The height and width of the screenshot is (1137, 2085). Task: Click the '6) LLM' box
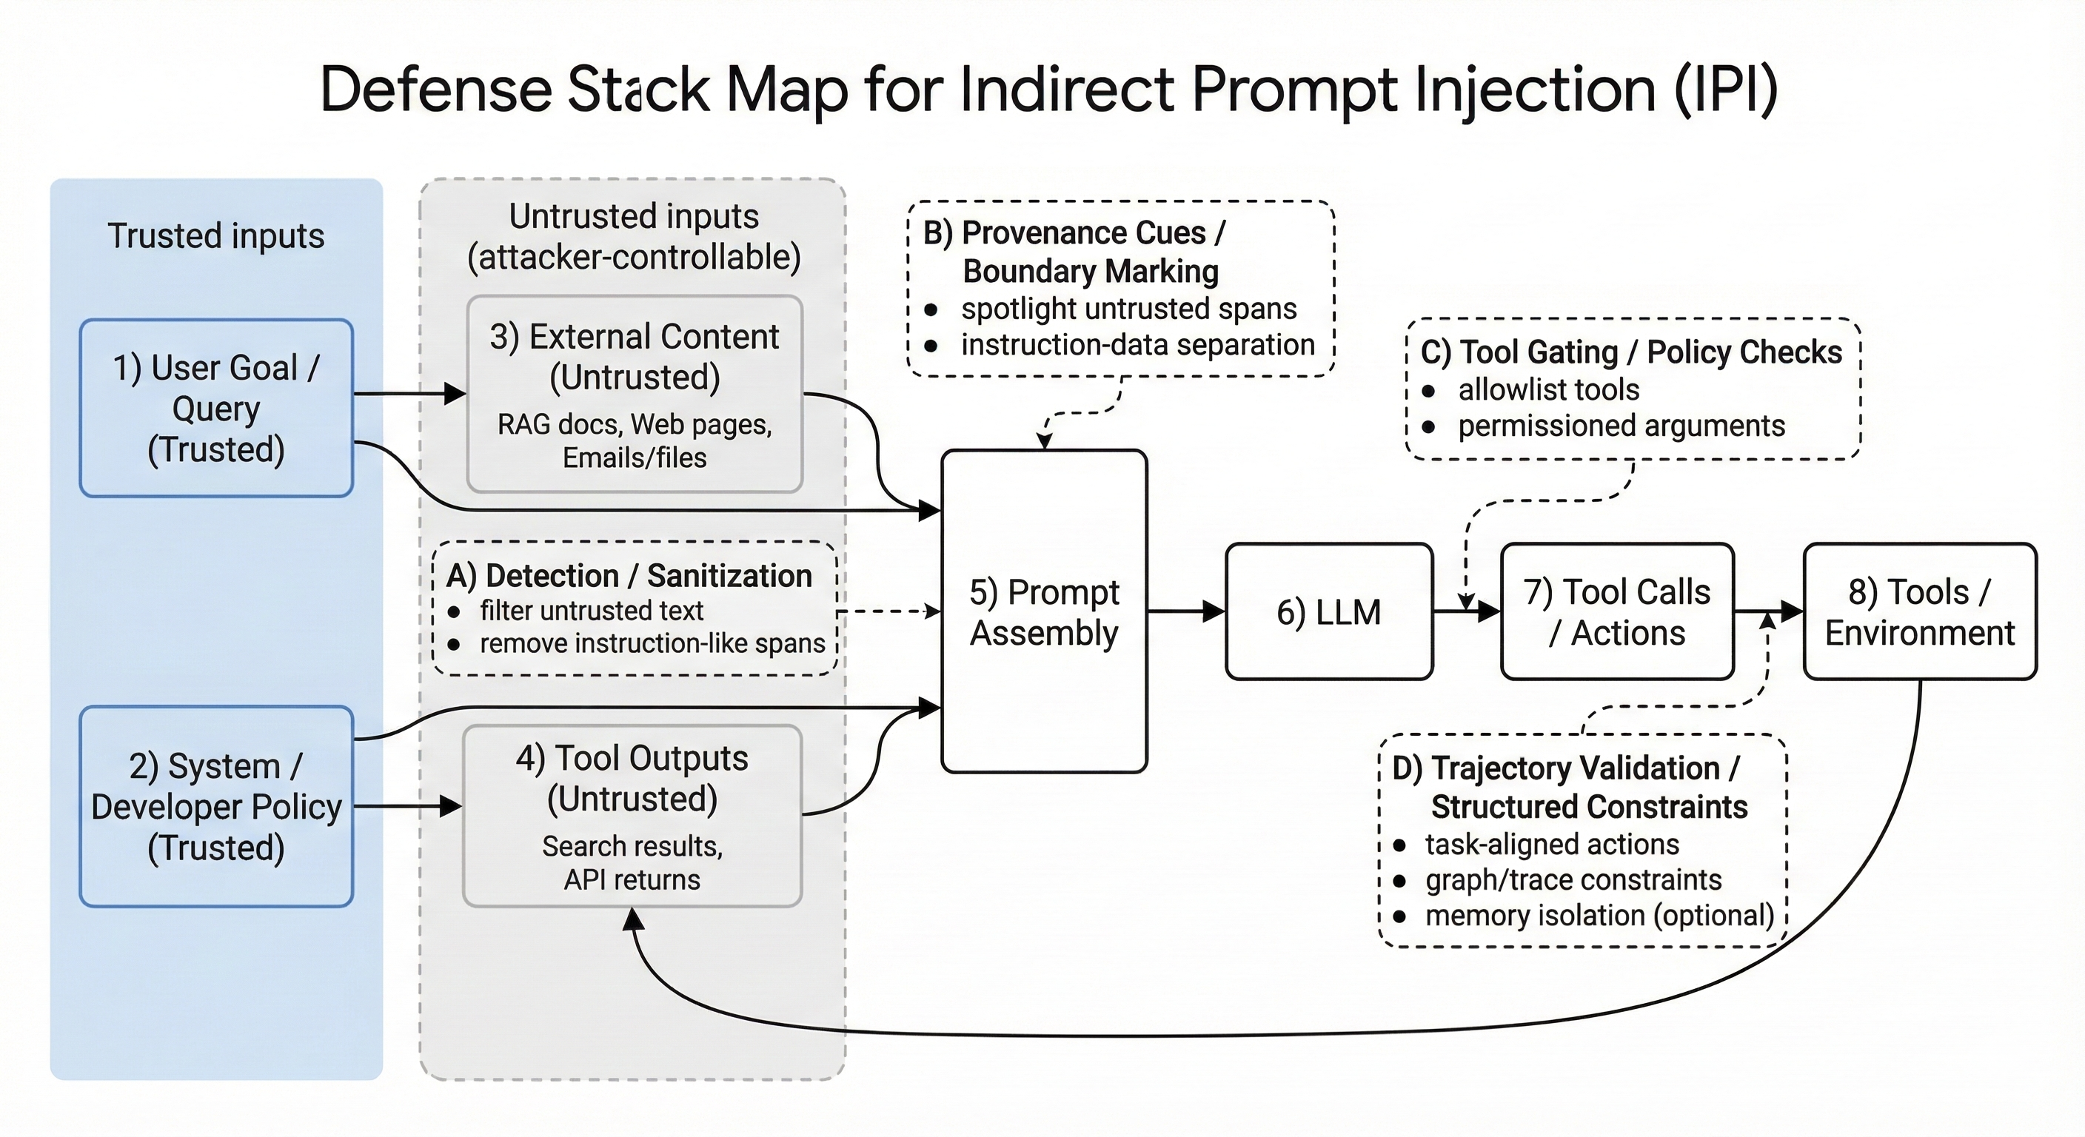pos(1328,611)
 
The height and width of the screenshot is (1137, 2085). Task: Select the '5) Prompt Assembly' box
pos(1044,611)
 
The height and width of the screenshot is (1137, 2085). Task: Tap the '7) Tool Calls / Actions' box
pos(1616,611)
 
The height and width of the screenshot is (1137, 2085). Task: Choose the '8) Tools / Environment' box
pos(1919,611)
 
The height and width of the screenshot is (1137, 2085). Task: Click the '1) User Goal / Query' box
pos(216,408)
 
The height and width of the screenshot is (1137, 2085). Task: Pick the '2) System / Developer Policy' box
pos(216,806)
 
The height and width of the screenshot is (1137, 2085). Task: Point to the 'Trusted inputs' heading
pos(216,235)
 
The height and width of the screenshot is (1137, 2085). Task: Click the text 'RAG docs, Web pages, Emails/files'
pos(635,441)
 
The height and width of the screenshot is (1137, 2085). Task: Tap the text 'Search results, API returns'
pos(632,862)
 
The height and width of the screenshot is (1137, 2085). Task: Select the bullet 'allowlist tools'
pos(1547,390)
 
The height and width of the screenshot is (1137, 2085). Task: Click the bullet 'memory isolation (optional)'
pos(1599,915)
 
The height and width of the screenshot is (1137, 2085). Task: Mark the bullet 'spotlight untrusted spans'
pos(1128,309)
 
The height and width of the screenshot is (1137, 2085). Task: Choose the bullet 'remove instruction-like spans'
pos(652,643)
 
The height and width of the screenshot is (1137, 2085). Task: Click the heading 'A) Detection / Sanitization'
pos(629,575)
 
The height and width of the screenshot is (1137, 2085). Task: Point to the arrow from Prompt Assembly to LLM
pos(1185,611)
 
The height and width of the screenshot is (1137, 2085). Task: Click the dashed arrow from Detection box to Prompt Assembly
pos(888,611)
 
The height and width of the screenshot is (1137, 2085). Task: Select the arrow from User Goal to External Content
pos(409,394)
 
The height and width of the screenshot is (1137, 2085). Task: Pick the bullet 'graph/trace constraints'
pos(1573,879)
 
